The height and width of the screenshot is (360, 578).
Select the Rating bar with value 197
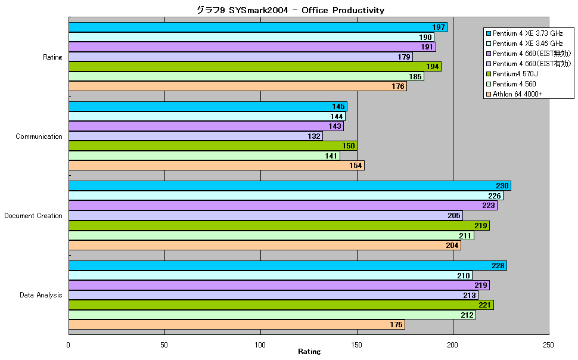point(258,27)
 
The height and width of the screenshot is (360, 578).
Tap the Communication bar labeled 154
point(217,166)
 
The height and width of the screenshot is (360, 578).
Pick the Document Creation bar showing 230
point(290,186)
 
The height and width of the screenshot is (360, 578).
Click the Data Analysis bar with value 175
point(237,325)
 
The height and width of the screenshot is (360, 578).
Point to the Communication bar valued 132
point(195,136)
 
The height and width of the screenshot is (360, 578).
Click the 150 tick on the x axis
point(356,345)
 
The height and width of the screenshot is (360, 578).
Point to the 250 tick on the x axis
point(549,345)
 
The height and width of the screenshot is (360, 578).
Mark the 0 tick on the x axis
point(68,345)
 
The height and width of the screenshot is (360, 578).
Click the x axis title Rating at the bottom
point(309,352)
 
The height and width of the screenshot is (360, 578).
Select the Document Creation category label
point(33,216)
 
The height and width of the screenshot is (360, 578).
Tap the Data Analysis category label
point(41,295)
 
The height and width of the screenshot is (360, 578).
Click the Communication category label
point(39,136)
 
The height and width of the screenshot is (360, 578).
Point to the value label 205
point(454,216)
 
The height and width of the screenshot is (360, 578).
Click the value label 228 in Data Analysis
point(498,266)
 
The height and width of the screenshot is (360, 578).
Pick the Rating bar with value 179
point(241,57)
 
